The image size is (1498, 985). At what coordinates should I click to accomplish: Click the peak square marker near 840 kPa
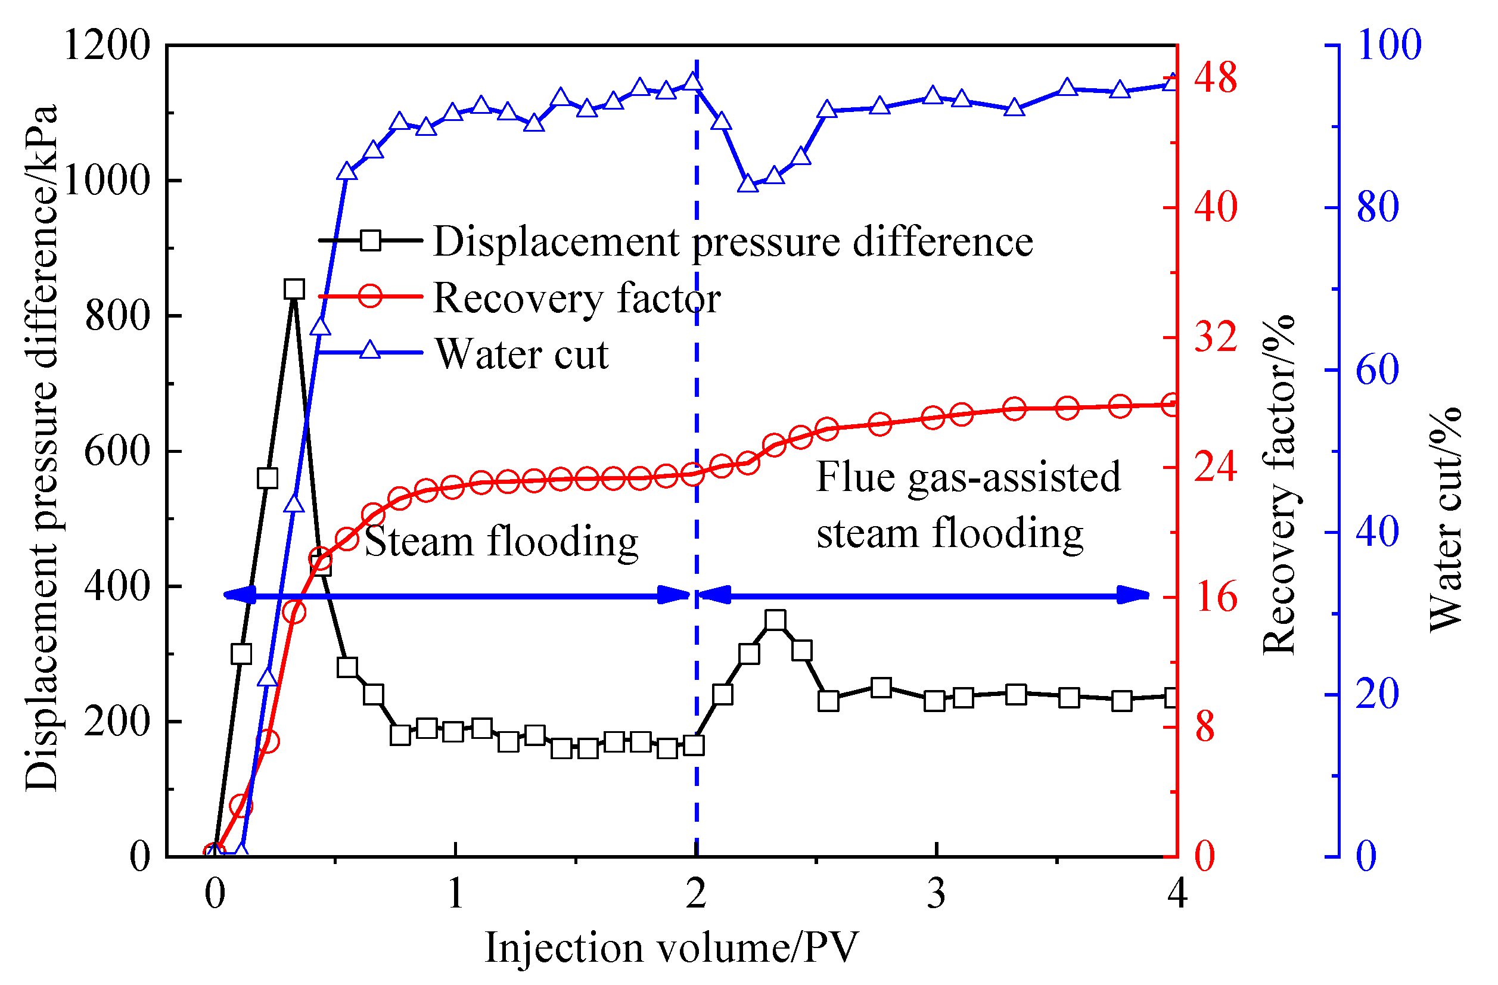294,290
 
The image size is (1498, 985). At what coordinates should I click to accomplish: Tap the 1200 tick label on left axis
107,46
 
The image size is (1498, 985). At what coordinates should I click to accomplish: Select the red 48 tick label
1215,79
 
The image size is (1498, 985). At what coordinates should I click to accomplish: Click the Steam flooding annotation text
501,541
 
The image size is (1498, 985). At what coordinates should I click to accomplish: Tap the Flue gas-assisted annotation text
968,477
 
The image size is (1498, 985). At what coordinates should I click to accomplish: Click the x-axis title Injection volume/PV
671,948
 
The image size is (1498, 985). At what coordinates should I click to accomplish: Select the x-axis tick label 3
936,894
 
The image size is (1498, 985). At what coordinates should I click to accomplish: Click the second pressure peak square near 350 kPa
775,620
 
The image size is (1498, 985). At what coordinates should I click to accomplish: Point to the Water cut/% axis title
1445,522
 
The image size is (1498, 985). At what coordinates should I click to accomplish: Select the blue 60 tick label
1377,370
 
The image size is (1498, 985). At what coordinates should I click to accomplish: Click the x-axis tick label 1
455,894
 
